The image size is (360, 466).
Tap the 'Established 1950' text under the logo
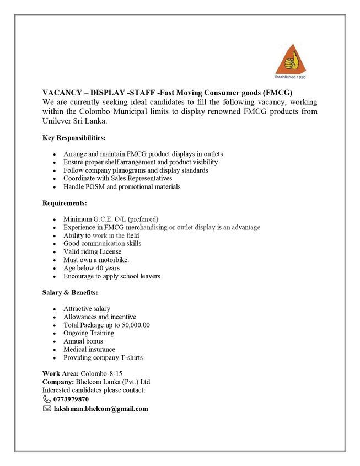(289, 76)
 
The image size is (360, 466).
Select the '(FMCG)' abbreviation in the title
(277, 92)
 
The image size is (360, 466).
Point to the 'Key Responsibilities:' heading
(74, 137)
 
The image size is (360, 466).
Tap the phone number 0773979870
(71, 399)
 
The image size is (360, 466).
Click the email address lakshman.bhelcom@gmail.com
(101, 408)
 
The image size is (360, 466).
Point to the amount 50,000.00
(132, 325)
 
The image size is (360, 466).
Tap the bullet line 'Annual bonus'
(83, 341)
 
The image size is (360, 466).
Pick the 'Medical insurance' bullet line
(89, 349)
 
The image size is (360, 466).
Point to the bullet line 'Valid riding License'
(92, 251)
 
